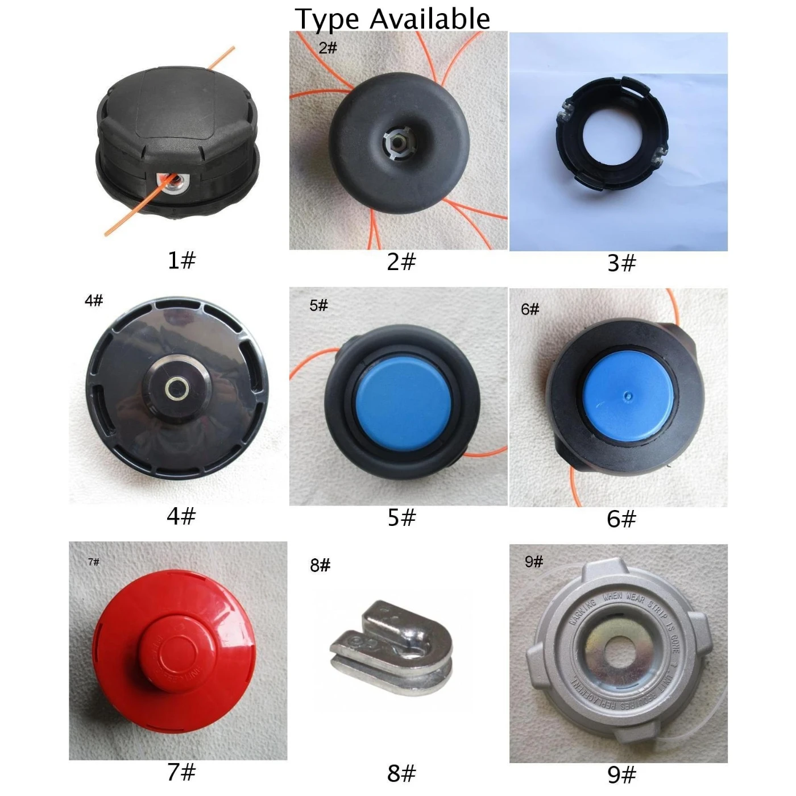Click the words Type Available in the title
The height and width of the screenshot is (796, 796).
click(x=392, y=19)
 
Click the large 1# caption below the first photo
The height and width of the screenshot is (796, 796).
click(x=181, y=260)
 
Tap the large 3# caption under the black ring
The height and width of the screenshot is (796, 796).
click(x=621, y=263)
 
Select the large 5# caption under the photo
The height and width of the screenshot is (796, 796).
click(x=401, y=517)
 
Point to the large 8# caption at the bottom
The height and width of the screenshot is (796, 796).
click(x=401, y=773)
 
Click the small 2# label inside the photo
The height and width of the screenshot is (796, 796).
click(x=328, y=47)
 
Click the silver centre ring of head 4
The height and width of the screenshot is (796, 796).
click(x=177, y=389)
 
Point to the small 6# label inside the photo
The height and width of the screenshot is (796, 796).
click(x=530, y=309)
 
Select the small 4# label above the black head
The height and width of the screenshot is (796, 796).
click(x=94, y=300)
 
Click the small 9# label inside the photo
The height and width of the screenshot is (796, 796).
click(x=534, y=562)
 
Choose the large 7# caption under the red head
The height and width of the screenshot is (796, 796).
click(x=181, y=772)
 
